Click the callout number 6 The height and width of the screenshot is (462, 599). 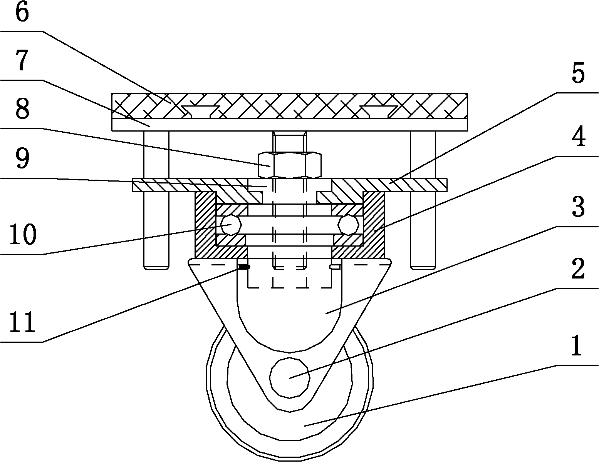22,13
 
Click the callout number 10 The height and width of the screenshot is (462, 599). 23,235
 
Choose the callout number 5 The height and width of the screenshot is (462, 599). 577,74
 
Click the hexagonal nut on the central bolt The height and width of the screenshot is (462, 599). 289,165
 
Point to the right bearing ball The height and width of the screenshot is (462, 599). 349,225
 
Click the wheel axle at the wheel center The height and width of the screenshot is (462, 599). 290,377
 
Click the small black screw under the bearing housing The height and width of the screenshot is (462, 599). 243,267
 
